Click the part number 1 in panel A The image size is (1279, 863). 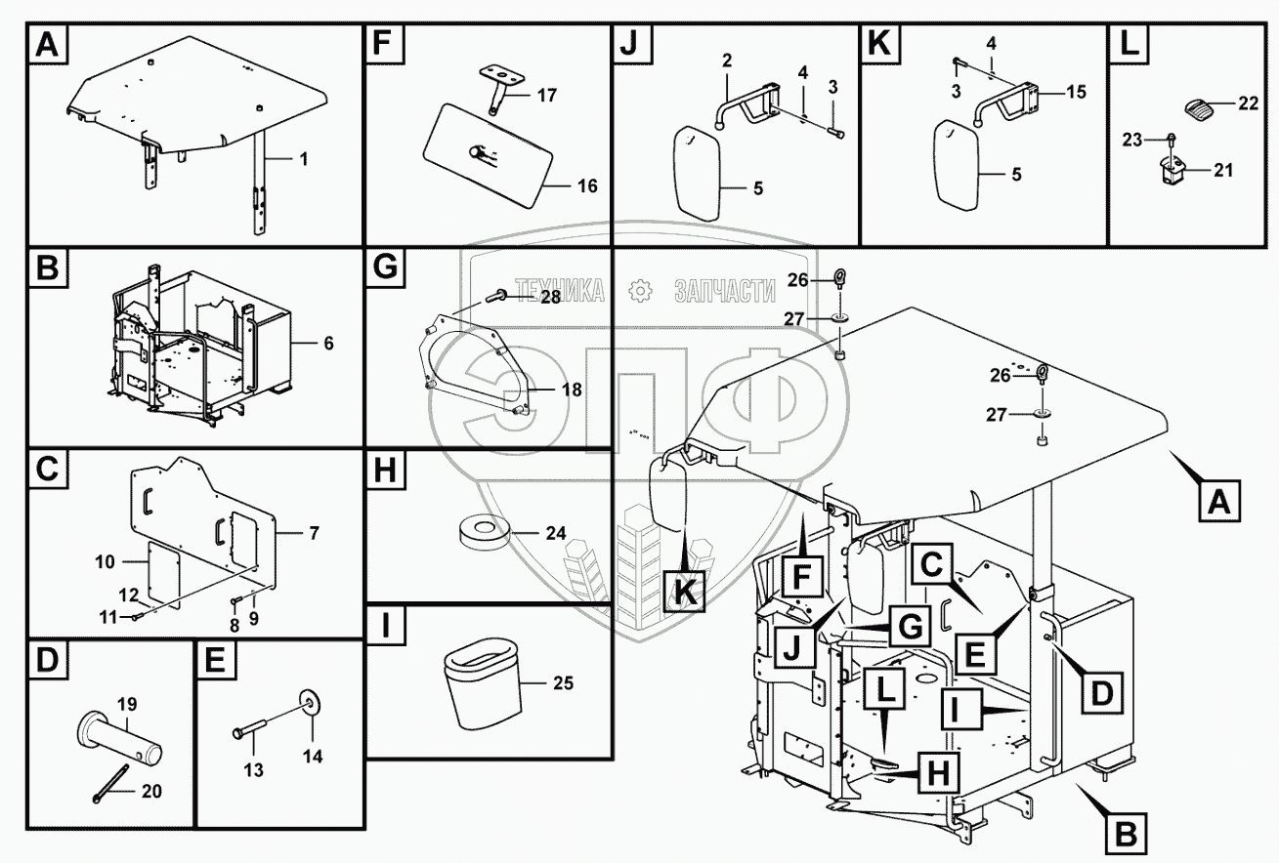point(304,159)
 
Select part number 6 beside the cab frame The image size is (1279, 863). point(328,343)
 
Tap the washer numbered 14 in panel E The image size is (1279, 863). point(311,701)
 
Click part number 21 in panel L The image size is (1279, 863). point(1223,171)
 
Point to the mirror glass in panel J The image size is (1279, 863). point(698,174)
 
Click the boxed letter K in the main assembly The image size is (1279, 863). point(684,589)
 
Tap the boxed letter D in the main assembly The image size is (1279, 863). point(1101,694)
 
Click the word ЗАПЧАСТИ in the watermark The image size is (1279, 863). point(724,290)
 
